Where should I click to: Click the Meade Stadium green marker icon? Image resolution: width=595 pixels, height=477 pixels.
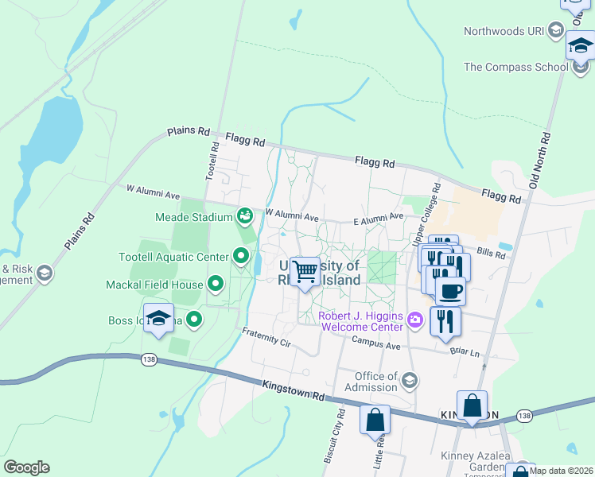[x=245, y=215]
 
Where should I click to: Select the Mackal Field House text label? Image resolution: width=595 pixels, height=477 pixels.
[x=154, y=284]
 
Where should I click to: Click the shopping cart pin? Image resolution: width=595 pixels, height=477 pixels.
[x=305, y=272]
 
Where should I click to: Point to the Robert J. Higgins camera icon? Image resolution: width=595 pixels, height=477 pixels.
[x=414, y=320]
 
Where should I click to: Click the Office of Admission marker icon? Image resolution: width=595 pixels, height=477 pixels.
[x=409, y=382]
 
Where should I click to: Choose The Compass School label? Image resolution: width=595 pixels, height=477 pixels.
[x=515, y=67]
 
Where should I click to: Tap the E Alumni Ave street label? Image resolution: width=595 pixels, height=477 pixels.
[x=379, y=215]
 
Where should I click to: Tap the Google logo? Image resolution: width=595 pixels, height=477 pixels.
[x=26, y=467]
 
